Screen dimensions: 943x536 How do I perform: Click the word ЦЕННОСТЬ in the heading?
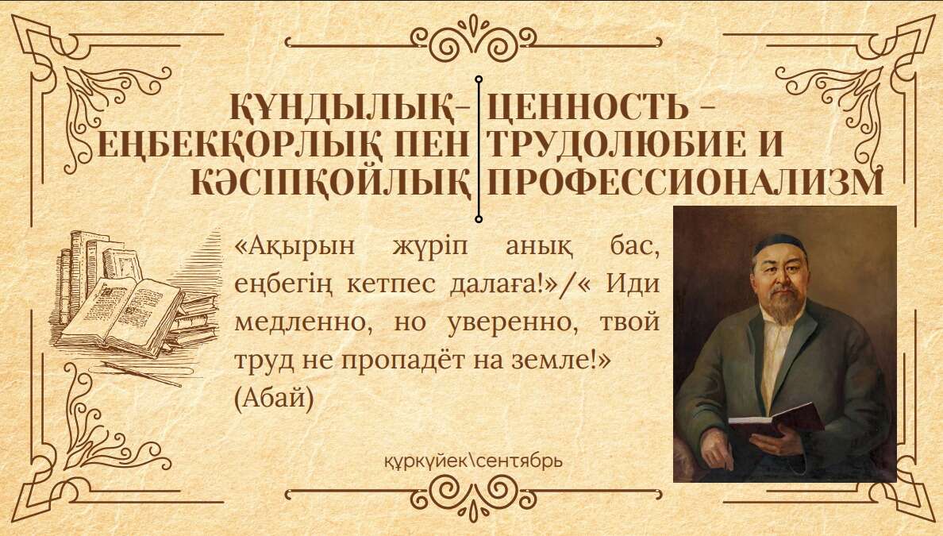pos(588,107)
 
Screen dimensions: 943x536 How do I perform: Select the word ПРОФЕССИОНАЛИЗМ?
pos(685,183)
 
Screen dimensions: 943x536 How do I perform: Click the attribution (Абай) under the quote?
pos(274,399)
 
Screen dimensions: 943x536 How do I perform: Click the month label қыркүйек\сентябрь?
pos(473,461)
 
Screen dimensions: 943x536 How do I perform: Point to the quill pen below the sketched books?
pos(142,373)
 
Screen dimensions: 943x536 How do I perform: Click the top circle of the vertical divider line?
pos(479,79)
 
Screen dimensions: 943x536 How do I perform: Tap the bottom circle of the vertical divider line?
pos(479,219)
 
